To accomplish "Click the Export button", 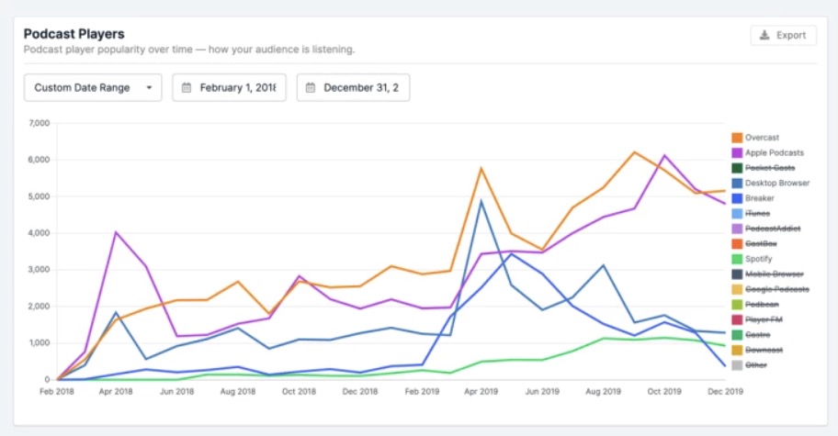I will (783, 35).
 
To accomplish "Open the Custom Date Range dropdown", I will (93, 87).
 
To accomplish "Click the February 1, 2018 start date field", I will (229, 87).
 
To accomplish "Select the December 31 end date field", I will (353, 87).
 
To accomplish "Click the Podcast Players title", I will (74, 34).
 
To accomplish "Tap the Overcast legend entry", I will (762, 138).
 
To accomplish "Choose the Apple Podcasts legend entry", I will (774, 152).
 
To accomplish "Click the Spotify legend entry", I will (759, 259).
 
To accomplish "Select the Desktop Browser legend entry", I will (776, 183).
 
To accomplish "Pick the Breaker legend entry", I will (759, 198).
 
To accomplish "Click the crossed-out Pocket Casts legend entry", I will (770, 168).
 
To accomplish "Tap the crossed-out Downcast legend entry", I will (763, 350).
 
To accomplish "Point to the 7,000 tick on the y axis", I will (38, 123).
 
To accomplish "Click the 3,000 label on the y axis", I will (38, 270).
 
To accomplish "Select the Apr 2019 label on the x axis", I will (481, 391).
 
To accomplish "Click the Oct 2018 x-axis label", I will (300, 391).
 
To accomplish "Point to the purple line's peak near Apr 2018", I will (115, 232).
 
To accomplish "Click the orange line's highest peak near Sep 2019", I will (634, 152).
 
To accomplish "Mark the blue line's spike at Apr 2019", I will (481, 201).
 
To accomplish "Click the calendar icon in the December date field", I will (311, 88).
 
